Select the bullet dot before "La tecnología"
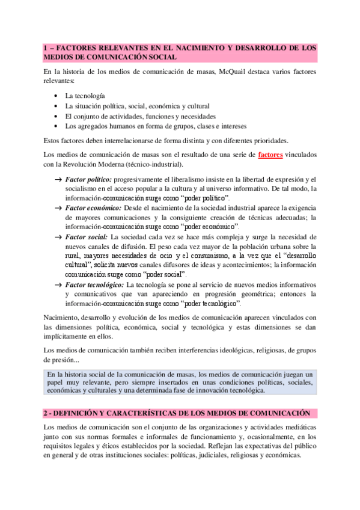(56, 96)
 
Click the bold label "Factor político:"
(88, 179)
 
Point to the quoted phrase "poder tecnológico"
(210, 303)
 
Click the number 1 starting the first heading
(46, 46)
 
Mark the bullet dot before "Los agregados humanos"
(56, 126)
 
